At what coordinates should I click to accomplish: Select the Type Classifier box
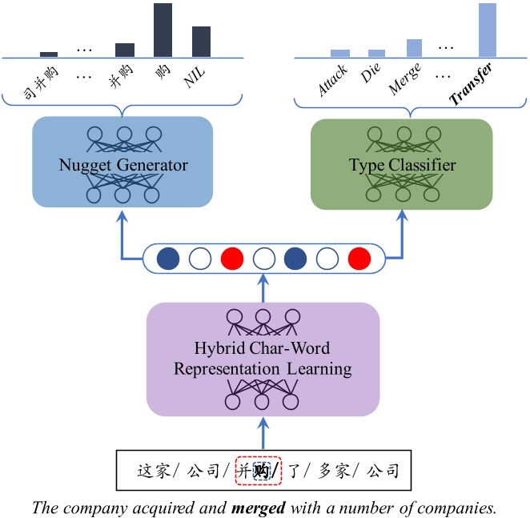[x=402, y=164]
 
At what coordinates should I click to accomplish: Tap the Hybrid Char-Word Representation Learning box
[x=263, y=358]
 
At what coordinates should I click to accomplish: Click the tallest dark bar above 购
[x=163, y=30]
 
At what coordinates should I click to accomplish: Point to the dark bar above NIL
[x=201, y=42]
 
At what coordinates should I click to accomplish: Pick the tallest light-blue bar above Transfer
[x=487, y=30]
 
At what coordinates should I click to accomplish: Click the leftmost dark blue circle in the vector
[x=167, y=259]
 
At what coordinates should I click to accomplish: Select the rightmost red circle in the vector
[x=359, y=259]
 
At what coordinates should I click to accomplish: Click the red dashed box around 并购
[x=259, y=471]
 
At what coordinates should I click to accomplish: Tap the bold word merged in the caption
[x=259, y=507]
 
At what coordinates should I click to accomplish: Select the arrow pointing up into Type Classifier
[x=402, y=232]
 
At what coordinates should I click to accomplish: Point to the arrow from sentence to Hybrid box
[x=263, y=432]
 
